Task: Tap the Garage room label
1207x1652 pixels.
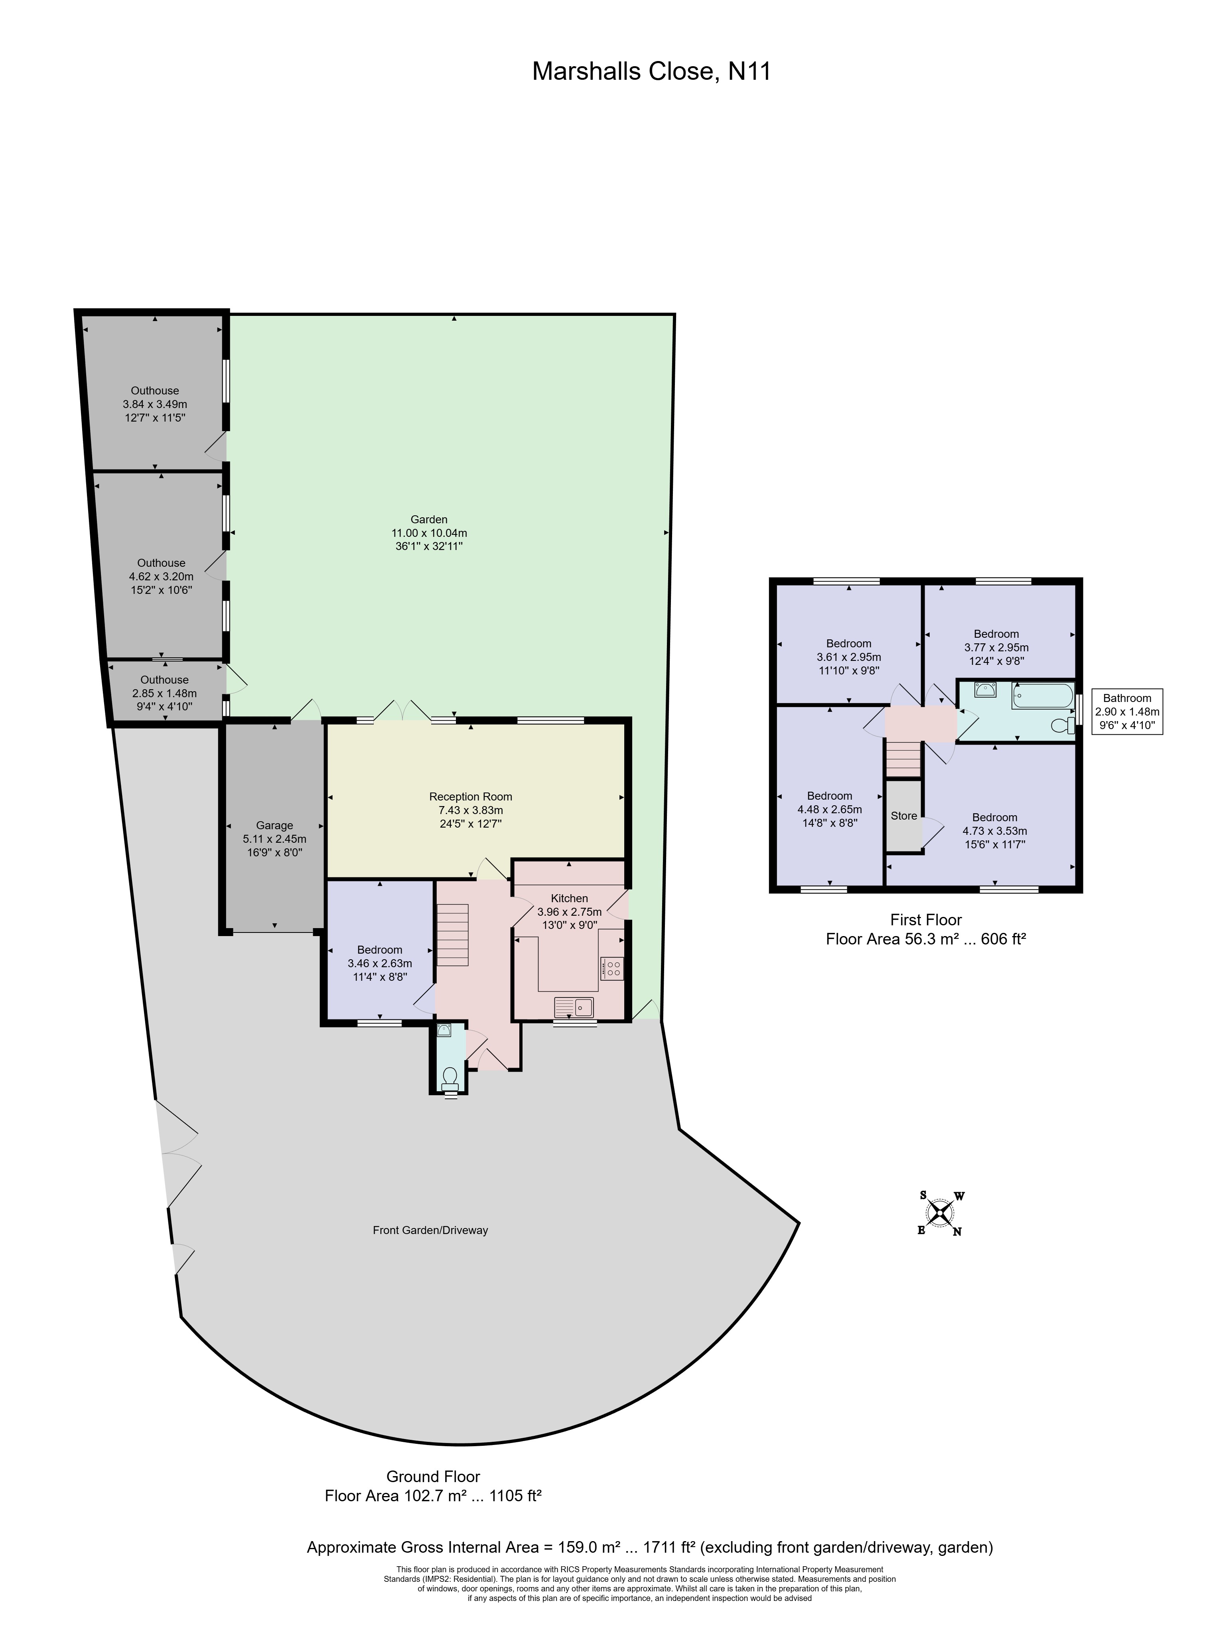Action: [274, 826]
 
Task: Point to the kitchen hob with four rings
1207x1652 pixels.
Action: [611, 969]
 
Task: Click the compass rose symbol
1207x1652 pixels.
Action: [940, 1214]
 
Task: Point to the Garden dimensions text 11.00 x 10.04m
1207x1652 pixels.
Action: [429, 533]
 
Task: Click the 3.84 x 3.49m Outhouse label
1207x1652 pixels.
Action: [155, 404]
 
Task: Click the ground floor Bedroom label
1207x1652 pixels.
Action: [380, 950]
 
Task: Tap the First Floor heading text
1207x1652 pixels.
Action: [926, 920]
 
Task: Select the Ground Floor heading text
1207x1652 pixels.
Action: [433, 1476]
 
